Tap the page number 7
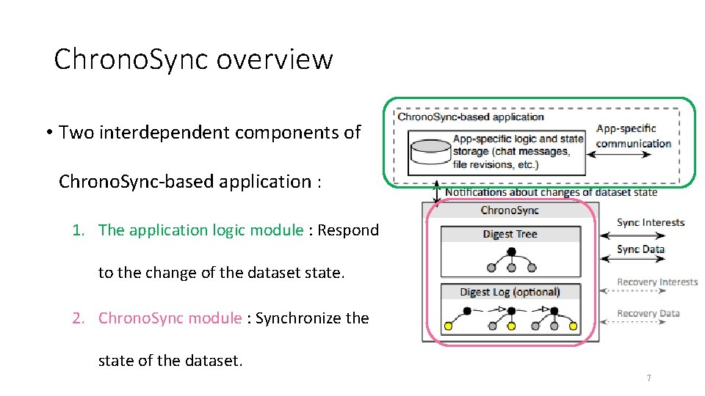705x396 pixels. point(648,378)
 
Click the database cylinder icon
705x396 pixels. point(429,151)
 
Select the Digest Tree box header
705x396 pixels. point(510,234)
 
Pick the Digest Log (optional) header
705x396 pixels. point(510,292)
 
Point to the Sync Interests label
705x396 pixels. point(650,223)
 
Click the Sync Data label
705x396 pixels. point(640,249)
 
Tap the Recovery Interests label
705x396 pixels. point(657,282)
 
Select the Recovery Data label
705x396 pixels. point(648,313)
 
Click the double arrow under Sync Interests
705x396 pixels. point(632,235)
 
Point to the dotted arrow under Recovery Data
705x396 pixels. point(632,323)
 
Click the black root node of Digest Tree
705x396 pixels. point(510,252)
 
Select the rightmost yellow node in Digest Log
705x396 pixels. point(574,326)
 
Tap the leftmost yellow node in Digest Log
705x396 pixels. point(448,326)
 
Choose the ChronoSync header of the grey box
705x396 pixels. point(510,210)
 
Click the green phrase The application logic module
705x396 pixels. point(200,230)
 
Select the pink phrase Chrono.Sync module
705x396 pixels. point(170,318)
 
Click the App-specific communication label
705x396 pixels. point(633,136)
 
